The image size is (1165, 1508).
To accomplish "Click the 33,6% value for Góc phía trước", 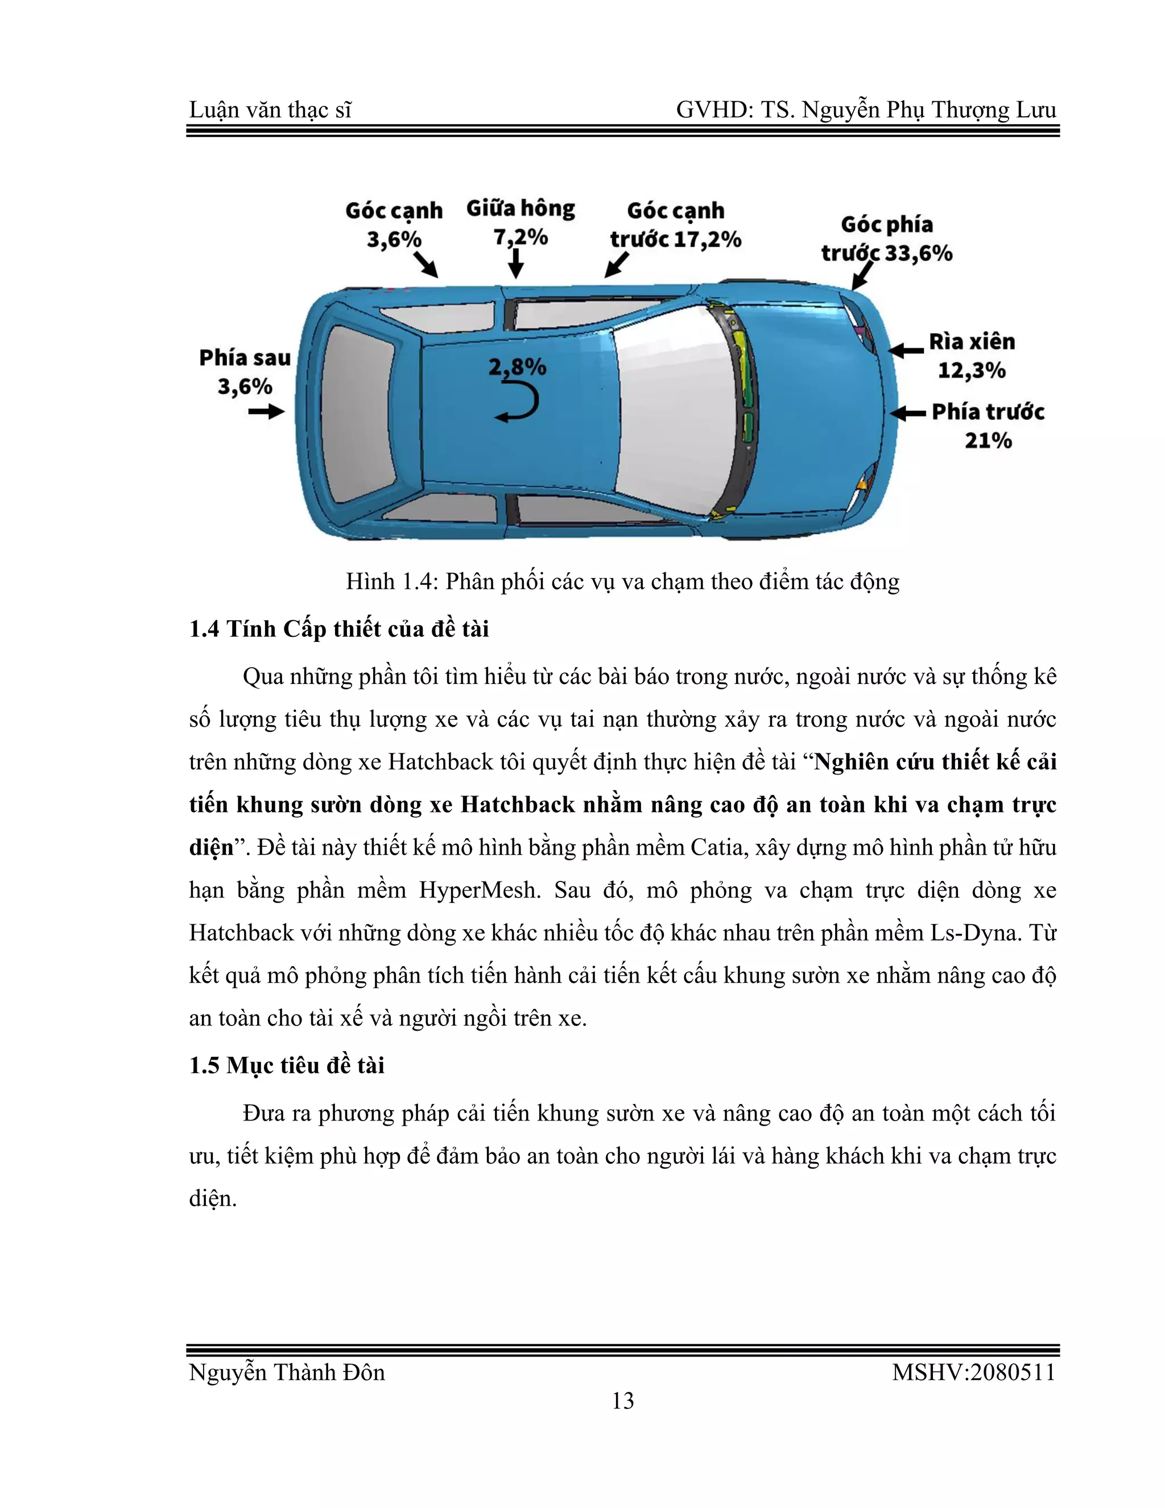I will coord(918,253).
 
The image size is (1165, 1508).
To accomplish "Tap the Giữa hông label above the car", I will coord(520,208).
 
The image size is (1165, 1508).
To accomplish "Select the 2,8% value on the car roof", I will coord(517,366).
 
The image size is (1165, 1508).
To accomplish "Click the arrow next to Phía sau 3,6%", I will coord(266,412).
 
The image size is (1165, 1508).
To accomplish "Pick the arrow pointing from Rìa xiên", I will coord(906,351).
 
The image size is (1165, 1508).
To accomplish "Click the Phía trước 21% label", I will coord(988,425).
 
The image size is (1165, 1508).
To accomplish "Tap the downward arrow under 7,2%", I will coord(515,263).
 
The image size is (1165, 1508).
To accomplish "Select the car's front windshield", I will coord(673,411).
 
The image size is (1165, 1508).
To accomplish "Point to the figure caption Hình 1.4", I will coord(622,582).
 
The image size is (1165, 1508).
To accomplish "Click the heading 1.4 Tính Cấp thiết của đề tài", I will coord(339,629).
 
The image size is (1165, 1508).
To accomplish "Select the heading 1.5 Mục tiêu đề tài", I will coord(287,1065).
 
